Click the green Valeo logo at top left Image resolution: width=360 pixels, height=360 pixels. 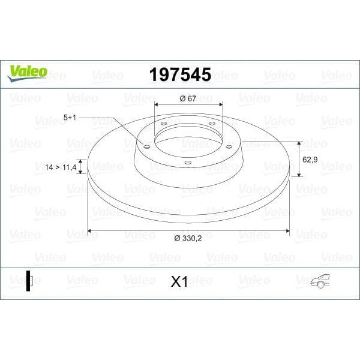pyautogui.click(x=27, y=73)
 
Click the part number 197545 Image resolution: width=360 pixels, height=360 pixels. pyautogui.click(x=180, y=74)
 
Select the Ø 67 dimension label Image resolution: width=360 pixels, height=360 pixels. pyautogui.click(x=188, y=98)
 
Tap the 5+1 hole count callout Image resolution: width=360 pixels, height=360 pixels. pyautogui.click(x=70, y=118)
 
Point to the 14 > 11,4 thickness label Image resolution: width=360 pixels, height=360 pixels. pyautogui.click(x=61, y=167)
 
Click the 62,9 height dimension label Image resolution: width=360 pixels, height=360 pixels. pyautogui.click(x=310, y=160)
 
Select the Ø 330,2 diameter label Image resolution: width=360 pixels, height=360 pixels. pyautogui.click(x=188, y=238)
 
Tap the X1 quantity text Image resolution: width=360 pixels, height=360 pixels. pyautogui.click(x=179, y=281)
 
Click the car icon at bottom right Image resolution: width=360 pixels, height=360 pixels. pyautogui.click(x=320, y=281)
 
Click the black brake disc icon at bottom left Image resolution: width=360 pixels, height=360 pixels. pyautogui.click(x=29, y=281)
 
